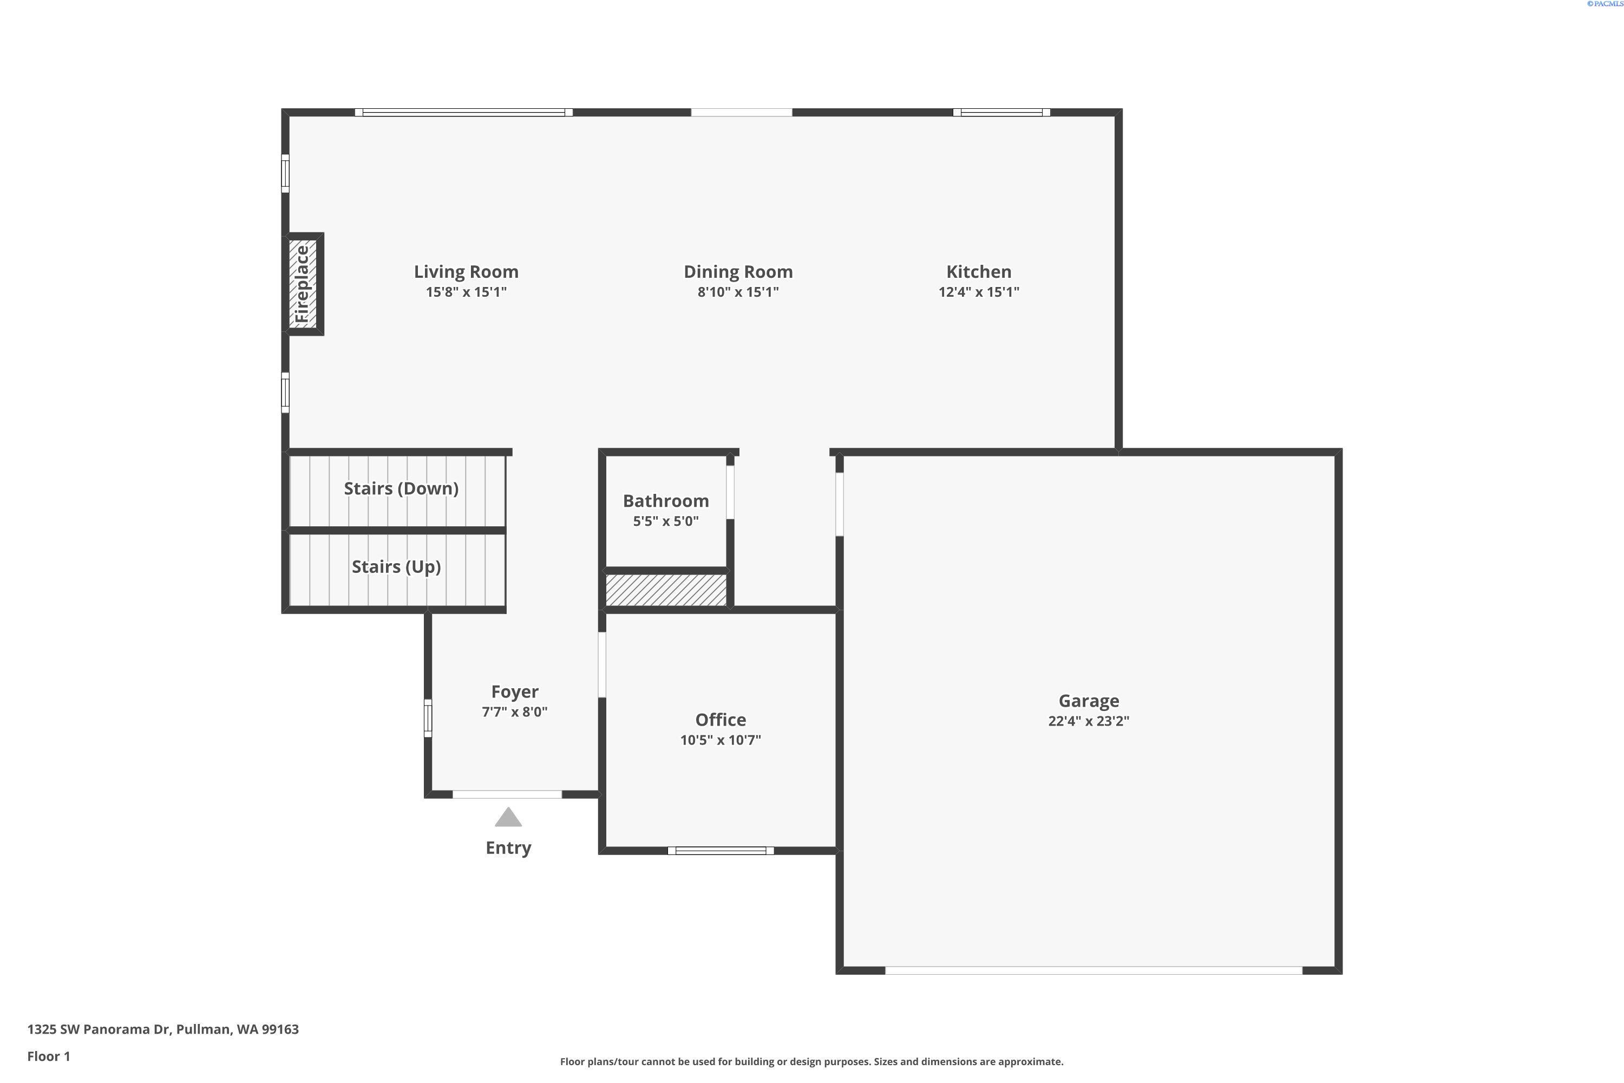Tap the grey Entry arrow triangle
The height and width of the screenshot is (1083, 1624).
click(x=508, y=817)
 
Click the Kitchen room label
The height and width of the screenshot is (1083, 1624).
click(x=978, y=271)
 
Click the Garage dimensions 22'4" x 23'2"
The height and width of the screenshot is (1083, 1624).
click(x=1088, y=721)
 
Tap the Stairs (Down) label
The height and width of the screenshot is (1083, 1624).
click(x=401, y=488)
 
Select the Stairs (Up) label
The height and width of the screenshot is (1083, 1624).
click(x=396, y=566)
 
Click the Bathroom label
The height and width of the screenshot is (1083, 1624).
click(x=666, y=501)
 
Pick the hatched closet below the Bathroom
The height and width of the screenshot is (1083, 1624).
click(x=666, y=590)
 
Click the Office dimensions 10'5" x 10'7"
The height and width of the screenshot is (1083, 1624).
click(x=720, y=740)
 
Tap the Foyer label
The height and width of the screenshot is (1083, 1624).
click(x=514, y=691)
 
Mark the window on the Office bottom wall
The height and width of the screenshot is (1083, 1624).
click(x=720, y=850)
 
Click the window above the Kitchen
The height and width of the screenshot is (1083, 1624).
click(x=1001, y=113)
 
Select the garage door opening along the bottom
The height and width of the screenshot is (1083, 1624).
click(x=1093, y=970)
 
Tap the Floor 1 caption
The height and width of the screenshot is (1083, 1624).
click(x=48, y=1056)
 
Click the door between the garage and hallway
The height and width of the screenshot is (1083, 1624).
click(x=840, y=504)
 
